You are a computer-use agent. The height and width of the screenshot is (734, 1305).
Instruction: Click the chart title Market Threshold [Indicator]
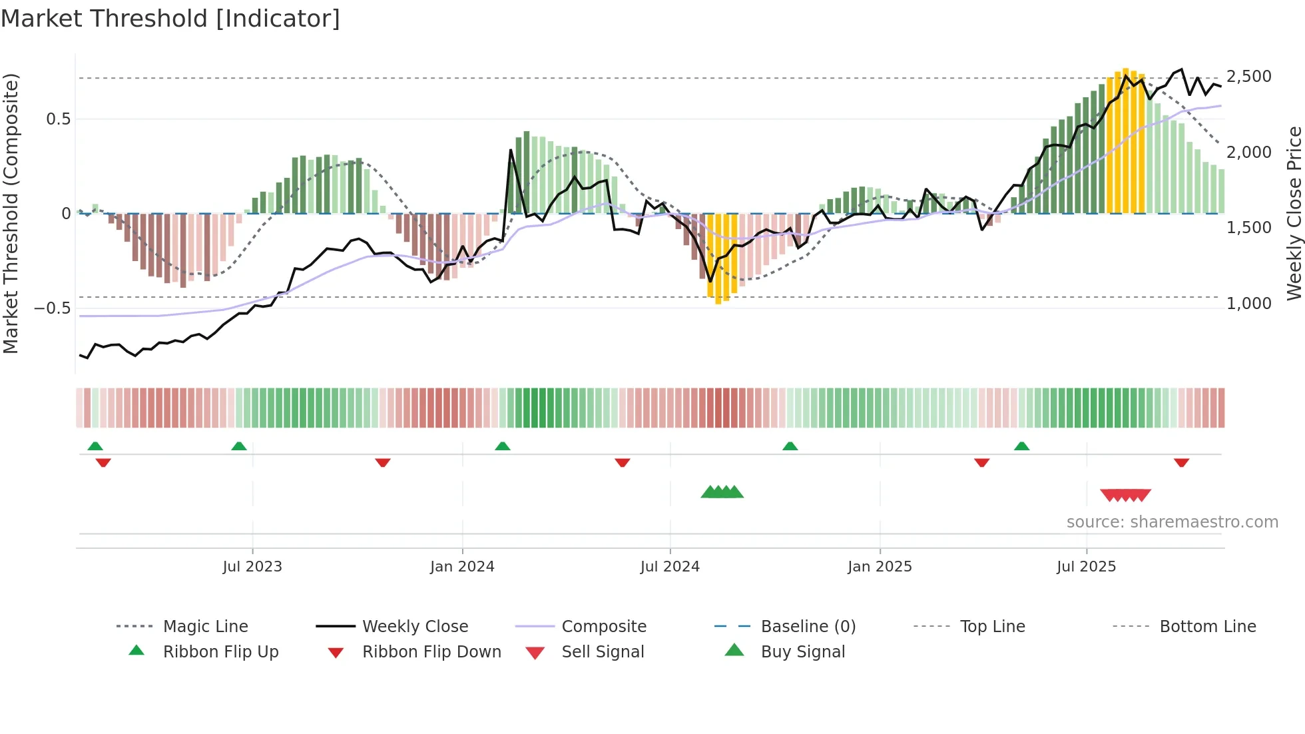coord(170,19)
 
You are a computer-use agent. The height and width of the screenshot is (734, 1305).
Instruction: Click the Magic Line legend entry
coord(205,627)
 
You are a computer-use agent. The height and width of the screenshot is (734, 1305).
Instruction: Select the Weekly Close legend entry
coord(415,627)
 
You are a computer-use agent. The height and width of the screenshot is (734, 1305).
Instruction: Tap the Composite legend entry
coord(603,627)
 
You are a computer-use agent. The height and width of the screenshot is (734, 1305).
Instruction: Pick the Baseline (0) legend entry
coord(808,627)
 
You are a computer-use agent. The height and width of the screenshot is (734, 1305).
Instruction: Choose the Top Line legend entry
coord(992,627)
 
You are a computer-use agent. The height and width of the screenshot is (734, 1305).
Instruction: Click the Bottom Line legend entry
coord(1207,627)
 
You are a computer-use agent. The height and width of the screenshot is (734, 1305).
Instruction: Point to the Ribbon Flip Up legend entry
coord(220,652)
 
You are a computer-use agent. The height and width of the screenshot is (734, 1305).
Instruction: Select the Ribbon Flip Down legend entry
coord(431,652)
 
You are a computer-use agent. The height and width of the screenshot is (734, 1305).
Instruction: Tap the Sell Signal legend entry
coord(602,652)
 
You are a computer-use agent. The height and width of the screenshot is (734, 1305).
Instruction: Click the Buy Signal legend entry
coord(802,652)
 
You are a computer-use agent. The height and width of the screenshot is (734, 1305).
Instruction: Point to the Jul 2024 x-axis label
coord(670,567)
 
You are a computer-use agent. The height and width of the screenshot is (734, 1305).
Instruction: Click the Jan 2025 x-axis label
coord(880,567)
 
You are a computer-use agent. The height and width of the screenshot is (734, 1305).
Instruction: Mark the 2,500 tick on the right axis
coord(1248,77)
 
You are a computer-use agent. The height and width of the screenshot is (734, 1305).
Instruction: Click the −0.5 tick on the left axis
coord(52,308)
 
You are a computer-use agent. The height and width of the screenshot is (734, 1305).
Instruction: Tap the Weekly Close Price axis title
coord(1294,213)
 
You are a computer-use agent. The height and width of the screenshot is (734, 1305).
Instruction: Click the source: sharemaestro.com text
coord(1172,522)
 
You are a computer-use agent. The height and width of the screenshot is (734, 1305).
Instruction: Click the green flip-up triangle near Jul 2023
coord(239,446)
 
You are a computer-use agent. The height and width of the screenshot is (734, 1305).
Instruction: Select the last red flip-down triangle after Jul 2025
coord(1181,462)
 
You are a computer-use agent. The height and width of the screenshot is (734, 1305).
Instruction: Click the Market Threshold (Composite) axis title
coord(11,213)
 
